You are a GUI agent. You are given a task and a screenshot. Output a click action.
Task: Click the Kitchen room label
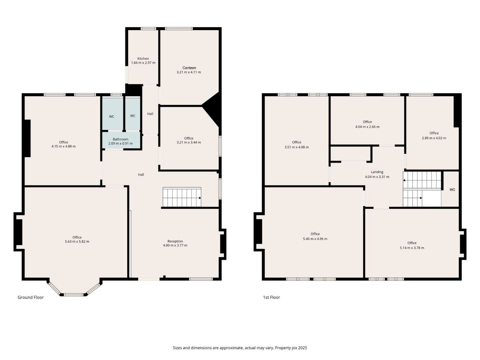click(x=143, y=58)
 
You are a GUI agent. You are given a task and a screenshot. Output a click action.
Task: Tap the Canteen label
click(x=189, y=68)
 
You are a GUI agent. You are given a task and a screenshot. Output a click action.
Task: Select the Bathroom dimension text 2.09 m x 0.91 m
click(x=120, y=143)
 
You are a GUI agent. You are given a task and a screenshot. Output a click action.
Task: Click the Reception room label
click(x=175, y=241)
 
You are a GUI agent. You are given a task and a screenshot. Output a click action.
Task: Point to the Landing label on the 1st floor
click(x=377, y=172)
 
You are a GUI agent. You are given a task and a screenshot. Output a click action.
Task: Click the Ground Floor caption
click(x=31, y=297)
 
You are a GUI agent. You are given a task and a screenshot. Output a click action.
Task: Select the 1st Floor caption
click(x=271, y=297)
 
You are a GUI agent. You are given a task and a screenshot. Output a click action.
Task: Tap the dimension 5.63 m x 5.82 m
click(x=77, y=241)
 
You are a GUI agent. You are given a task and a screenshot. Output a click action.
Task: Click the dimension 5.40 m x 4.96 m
click(x=315, y=239)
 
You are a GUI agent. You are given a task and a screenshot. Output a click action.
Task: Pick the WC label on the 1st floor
click(x=452, y=190)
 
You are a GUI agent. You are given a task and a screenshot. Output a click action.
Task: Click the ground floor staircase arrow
click(x=200, y=198)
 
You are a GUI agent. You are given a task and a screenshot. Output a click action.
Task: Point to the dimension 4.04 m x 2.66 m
click(x=367, y=127)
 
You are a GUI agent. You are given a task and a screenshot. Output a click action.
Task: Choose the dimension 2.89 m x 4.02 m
click(x=434, y=138)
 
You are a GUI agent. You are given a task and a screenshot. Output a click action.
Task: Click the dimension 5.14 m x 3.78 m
click(x=412, y=248)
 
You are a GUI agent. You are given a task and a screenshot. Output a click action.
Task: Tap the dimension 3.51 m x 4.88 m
click(x=297, y=147)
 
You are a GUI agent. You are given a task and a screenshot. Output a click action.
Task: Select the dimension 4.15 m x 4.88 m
click(x=64, y=146)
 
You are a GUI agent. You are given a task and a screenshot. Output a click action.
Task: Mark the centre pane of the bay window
click(x=74, y=295)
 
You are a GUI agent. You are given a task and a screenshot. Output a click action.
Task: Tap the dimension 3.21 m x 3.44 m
click(x=189, y=142)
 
